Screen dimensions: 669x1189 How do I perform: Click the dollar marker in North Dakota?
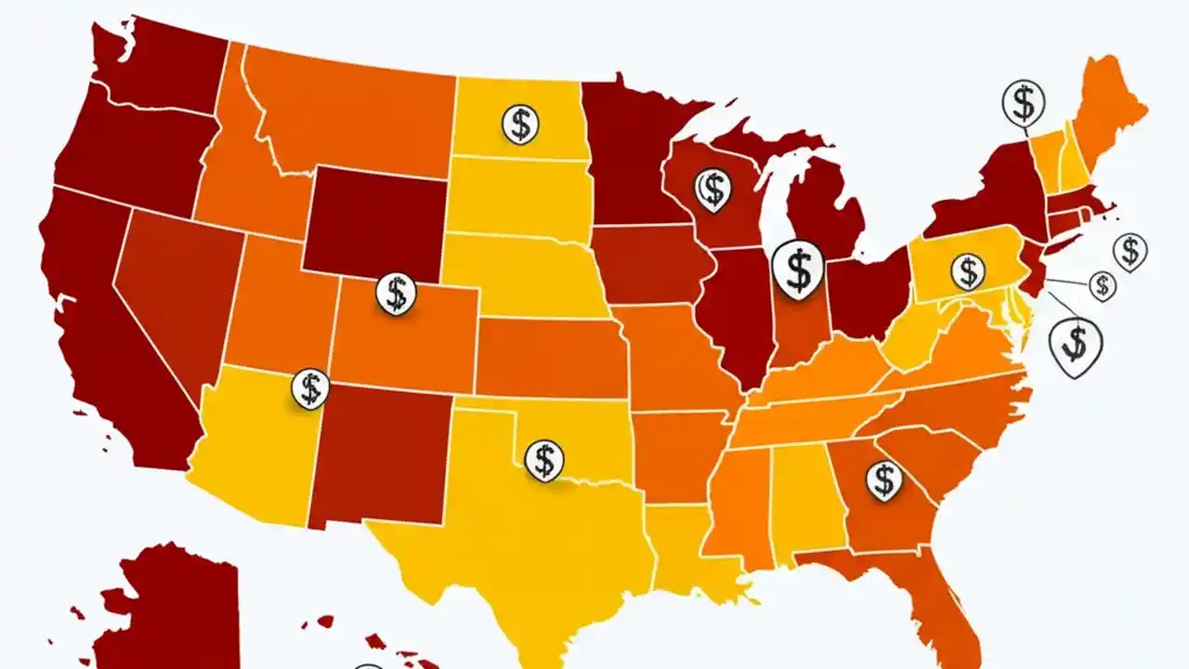521,123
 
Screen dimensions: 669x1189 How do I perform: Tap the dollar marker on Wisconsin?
712,189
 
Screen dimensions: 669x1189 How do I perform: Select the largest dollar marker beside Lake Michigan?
798,269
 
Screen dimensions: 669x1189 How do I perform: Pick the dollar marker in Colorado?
397,293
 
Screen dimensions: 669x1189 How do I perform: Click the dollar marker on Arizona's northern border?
310,387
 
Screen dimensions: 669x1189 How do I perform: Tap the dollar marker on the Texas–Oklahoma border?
544,459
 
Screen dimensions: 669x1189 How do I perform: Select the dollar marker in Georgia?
883,480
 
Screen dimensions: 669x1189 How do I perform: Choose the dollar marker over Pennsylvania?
968,272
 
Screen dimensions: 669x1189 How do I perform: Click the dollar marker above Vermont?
1024,101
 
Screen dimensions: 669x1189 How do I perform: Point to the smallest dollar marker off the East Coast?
1103,285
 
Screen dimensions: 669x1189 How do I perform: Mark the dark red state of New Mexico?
381,455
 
